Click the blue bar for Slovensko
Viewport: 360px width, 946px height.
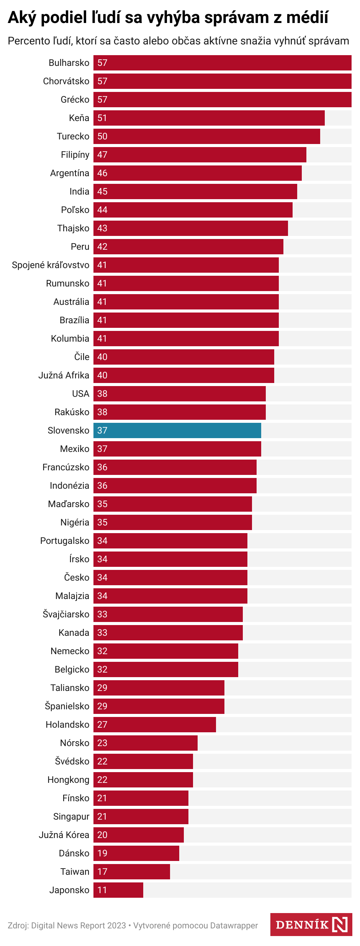[x=177, y=430]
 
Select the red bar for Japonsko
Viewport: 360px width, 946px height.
[x=118, y=890]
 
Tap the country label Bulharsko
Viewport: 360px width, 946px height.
[x=69, y=63]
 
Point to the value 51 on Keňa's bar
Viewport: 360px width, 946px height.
[x=102, y=118]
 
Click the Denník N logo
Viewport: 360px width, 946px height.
[x=311, y=925]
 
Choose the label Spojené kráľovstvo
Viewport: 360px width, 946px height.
[x=51, y=265]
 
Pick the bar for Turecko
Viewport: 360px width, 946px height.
[x=207, y=136]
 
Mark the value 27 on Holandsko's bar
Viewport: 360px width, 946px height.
[x=102, y=725]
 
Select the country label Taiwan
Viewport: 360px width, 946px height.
[x=75, y=872]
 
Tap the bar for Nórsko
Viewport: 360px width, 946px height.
[x=146, y=743]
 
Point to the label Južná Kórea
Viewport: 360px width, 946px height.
[x=64, y=835]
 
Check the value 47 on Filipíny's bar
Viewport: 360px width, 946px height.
[x=102, y=155]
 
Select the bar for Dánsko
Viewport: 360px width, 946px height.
[x=136, y=853]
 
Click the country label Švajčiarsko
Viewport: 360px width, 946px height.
[x=66, y=614]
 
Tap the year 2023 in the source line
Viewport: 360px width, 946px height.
[x=116, y=926]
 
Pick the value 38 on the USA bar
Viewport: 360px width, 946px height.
[x=102, y=394]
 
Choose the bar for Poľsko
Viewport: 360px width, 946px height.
[x=193, y=210]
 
